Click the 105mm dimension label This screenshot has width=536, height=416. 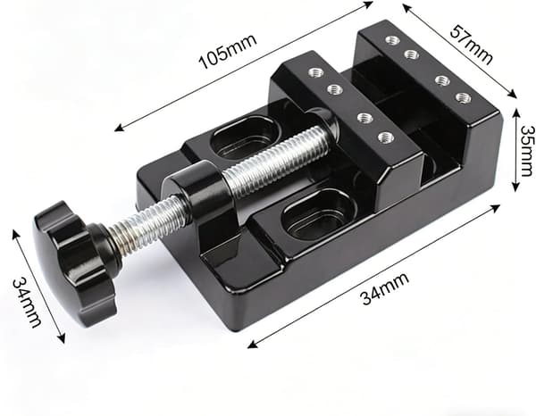click(228, 52)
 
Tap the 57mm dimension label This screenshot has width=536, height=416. click(472, 45)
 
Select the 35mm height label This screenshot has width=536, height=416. click(527, 150)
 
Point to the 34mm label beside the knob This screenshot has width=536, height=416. click(28, 303)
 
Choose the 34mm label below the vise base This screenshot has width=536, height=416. click(385, 288)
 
